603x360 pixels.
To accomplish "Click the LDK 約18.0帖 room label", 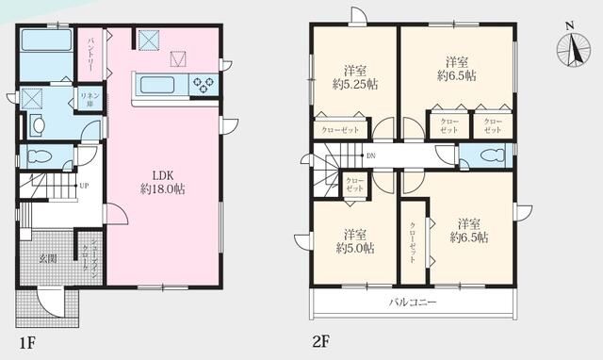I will tap(162, 182).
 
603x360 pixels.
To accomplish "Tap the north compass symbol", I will tap(571, 49).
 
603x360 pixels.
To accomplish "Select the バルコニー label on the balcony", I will tap(411, 303).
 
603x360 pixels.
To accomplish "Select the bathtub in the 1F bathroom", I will tap(46, 42).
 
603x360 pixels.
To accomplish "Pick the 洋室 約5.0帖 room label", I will tap(354, 241).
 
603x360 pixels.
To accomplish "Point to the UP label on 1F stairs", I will tap(84, 186).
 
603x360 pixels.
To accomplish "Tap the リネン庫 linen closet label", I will tap(90, 100).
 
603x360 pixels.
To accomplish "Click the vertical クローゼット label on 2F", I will tap(412, 243).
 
